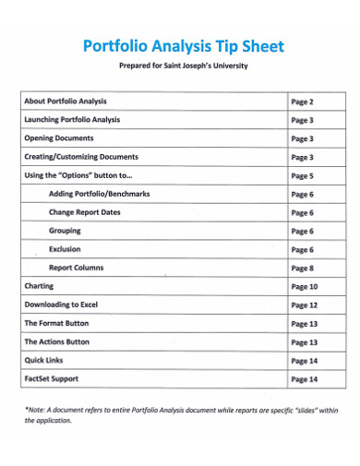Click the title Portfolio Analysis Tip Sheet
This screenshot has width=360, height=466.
coord(184,46)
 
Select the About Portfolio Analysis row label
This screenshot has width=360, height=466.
coord(66,102)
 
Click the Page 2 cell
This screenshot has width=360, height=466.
coord(303,102)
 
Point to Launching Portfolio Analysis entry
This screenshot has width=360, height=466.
coord(73,120)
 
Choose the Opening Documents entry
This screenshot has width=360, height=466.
coord(58,138)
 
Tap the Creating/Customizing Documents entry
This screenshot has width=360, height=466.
coord(81,157)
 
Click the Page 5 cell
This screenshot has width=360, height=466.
coord(303,176)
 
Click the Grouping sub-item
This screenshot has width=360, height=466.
coord(65,231)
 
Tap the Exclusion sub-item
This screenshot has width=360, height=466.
coord(65,249)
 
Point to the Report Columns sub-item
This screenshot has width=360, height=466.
coord(77,268)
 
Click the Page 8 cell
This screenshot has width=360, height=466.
coord(303,269)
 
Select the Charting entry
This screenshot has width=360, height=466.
coord(39,287)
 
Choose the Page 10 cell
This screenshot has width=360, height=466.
coord(305,287)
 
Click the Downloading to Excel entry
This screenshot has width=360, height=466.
coord(61,305)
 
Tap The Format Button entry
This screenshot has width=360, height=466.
coord(57,323)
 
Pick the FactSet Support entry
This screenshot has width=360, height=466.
coord(52,378)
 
